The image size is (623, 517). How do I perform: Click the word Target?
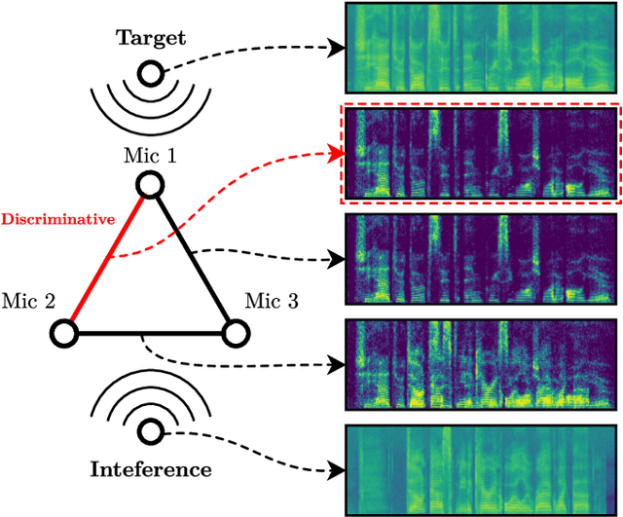pyautogui.click(x=150, y=38)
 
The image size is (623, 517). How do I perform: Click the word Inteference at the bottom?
pyautogui.click(x=150, y=469)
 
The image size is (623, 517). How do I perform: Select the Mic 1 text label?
pyautogui.click(x=149, y=156)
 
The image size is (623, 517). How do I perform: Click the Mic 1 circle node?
pyautogui.click(x=149, y=185)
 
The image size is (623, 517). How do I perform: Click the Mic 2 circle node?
pyautogui.click(x=63, y=334)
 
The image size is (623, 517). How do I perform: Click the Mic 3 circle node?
pyautogui.click(x=234, y=334)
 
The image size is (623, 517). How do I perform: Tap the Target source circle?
pyautogui.click(x=150, y=73)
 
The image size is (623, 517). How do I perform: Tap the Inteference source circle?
pyautogui.click(x=150, y=431)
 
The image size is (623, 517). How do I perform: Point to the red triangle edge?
pyautogui.click(x=106, y=259)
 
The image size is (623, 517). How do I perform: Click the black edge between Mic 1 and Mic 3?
pyautogui.click(x=192, y=259)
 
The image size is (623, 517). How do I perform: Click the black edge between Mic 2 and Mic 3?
pyautogui.click(x=148, y=334)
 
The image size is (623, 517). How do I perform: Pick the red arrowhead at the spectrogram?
pyautogui.click(x=337, y=153)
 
